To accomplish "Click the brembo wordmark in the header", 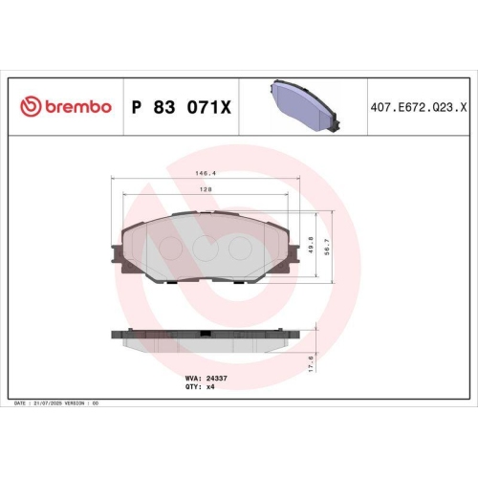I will click(x=77, y=108).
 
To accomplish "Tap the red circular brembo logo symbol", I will click(x=28, y=108).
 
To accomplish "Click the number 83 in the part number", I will click(x=169, y=108).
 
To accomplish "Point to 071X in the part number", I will click(x=212, y=108).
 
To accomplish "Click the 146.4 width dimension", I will click(x=207, y=174).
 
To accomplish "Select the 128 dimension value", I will click(x=206, y=190).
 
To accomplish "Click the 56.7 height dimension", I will click(x=330, y=247).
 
